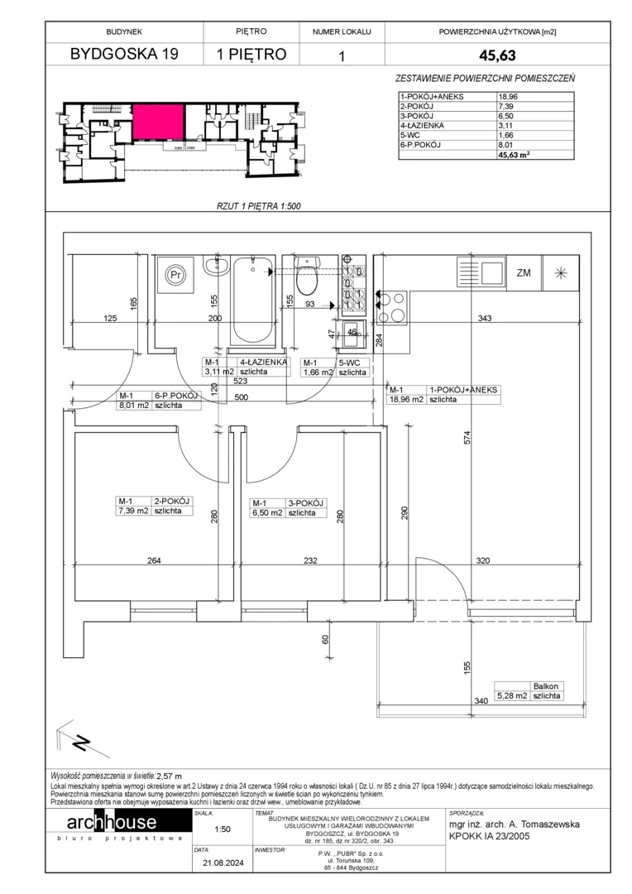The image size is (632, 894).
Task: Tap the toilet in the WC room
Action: (x=308, y=274)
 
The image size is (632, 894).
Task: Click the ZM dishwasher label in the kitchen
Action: (x=524, y=273)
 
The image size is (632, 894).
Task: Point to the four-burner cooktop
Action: (x=390, y=307)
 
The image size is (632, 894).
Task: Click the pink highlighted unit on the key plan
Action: (x=159, y=122)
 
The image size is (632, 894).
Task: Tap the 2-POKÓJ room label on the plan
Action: (x=171, y=502)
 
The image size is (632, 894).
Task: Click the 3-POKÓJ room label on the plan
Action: (x=305, y=503)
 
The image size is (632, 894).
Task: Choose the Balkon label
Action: (x=545, y=686)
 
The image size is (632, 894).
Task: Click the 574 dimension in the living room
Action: (x=467, y=437)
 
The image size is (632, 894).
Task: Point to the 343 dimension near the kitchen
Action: (x=484, y=318)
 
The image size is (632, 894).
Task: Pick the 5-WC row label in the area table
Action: (x=410, y=135)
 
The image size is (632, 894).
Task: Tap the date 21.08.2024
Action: (x=223, y=863)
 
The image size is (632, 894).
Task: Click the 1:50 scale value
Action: (x=223, y=829)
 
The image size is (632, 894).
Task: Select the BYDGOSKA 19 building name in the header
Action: (x=124, y=54)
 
